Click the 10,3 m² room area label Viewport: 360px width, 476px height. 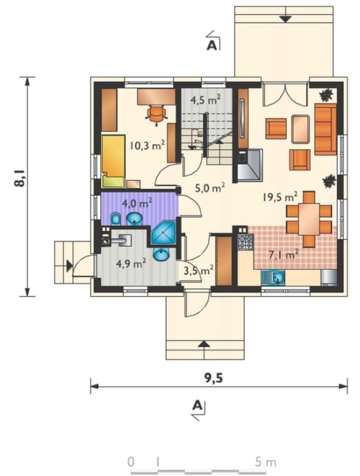tap(147, 145)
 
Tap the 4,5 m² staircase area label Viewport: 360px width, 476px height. tap(205, 99)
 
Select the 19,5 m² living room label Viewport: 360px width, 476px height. tap(280, 197)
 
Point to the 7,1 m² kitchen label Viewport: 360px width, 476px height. tap(284, 254)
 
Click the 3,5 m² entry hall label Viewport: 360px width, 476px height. tap(198, 270)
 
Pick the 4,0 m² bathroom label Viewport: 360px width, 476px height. tap(137, 203)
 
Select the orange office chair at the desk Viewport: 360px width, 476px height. tap(157, 115)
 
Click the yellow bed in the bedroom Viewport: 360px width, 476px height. tap(113, 161)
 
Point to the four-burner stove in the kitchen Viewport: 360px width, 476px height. tap(246, 242)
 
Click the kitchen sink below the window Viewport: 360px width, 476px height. tap(273, 278)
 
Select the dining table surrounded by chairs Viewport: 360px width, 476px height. tap(308, 219)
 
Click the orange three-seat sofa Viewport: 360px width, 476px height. tap(325, 129)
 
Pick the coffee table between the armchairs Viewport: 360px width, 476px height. tap(301, 129)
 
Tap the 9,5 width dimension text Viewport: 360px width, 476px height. tap(213, 378)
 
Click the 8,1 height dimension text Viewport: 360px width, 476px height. tap(20, 178)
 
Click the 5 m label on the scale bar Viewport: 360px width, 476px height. tap(266, 462)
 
